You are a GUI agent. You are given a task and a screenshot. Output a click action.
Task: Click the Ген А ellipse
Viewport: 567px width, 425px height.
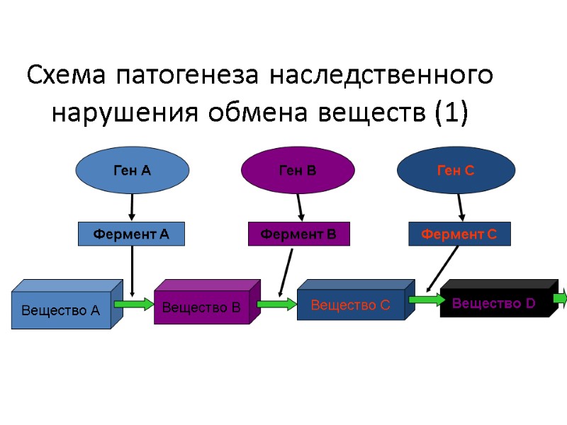(x=133, y=170)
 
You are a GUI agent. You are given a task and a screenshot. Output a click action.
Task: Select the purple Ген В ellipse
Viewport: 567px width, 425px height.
(x=298, y=170)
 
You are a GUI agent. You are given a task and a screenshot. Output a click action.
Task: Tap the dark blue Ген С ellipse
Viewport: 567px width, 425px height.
(x=456, y=170)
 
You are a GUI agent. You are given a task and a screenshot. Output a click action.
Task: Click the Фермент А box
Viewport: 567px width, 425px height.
(x=130, y=234)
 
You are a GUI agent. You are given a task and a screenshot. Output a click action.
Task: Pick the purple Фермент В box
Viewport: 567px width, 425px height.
(x=298, y=234)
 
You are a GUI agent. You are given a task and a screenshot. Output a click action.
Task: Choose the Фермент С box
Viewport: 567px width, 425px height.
(x=459, y=234)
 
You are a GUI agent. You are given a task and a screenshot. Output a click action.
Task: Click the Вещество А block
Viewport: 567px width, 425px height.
(x=61, y=309)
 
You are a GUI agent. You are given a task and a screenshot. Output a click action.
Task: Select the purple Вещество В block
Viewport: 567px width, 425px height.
(x=202, y=307)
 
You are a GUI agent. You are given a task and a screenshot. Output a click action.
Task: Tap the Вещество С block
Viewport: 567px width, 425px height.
(x=351, y=305)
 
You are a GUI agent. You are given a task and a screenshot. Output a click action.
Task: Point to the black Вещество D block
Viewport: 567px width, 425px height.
(x=494, y=303)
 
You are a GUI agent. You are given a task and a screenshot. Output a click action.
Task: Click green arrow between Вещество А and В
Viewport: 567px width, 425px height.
(x=134, y=305)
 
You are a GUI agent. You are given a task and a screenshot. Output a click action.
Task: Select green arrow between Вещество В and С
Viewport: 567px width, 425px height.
(x=277, y=305)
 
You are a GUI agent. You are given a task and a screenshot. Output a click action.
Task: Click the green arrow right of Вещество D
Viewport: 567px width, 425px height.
(x=561, y=298)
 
